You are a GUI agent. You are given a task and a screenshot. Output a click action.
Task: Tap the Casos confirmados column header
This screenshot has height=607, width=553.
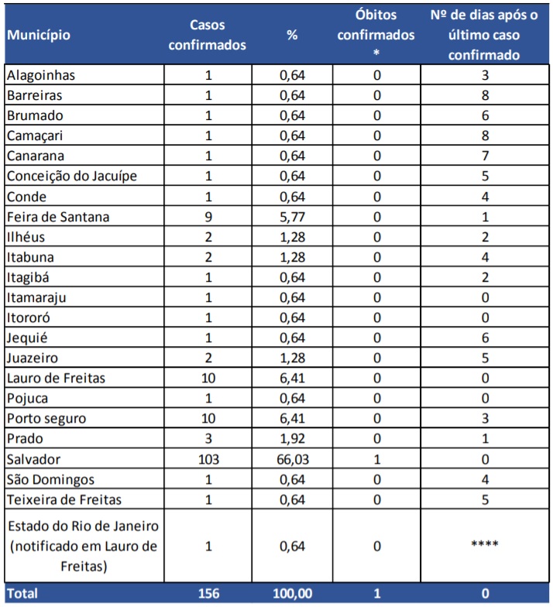click(208, 35)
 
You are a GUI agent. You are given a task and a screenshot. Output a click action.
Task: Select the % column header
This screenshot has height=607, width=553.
click(292, 35)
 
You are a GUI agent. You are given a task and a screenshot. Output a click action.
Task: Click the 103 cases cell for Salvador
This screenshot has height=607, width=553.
click(208, 458)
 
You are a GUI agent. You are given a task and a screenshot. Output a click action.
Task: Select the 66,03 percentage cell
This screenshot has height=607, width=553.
click(292, 458)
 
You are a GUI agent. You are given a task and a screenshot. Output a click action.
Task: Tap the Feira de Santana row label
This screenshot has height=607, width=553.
click(58, 217)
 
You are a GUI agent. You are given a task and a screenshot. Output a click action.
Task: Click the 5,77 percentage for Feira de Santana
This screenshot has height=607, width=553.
click(292, 217)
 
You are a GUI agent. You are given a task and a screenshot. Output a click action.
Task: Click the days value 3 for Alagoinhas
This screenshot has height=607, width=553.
click(484, 76)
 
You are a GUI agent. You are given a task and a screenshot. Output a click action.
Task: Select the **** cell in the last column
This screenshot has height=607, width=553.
click(484, 546)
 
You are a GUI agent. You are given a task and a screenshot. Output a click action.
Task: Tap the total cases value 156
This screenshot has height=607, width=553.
click(208, 594)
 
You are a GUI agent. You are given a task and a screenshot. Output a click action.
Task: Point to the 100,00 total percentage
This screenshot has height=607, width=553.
click(292, 594)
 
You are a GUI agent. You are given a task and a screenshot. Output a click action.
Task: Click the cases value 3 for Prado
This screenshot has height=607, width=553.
click(208, 438)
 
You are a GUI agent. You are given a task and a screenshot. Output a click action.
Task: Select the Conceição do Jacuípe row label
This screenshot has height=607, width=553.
click(71, 177)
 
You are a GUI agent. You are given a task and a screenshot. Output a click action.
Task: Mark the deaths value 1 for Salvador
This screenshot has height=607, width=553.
click(376, 458)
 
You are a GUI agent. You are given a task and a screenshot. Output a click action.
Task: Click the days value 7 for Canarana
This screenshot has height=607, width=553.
click(484, 156)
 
